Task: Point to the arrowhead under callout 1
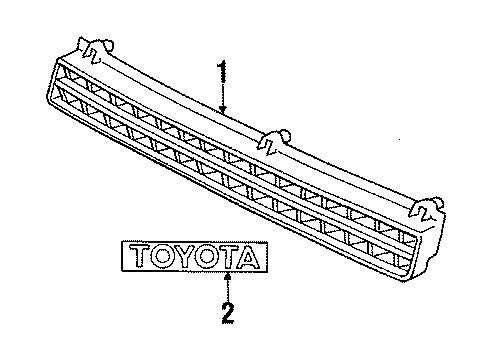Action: coord(223,108)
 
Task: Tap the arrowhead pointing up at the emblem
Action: coord(230,272)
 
